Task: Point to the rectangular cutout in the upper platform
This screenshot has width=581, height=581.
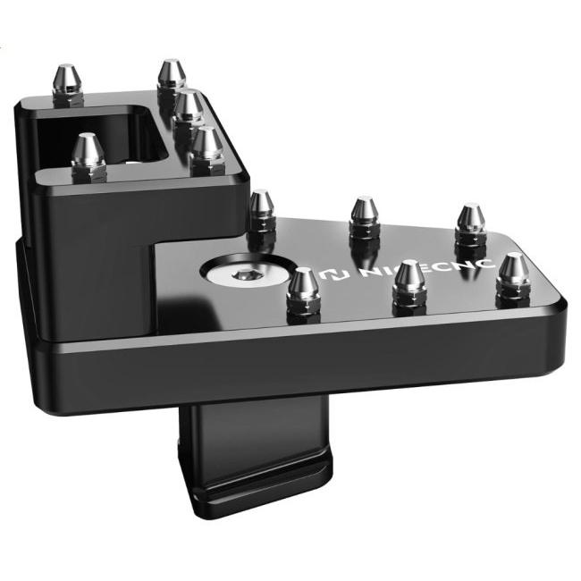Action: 100,134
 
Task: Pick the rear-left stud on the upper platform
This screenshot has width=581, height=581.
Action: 68,84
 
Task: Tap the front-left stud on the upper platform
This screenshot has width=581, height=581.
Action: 88,156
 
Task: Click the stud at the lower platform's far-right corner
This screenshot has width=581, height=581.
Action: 513,276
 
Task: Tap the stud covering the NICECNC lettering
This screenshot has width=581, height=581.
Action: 408,284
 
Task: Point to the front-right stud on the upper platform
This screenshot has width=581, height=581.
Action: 206,150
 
